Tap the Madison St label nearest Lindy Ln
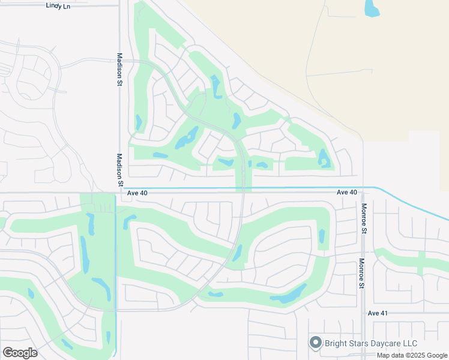point(119,70)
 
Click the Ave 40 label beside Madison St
point(137,193)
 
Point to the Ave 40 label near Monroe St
point(347,192)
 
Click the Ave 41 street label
point(378,313)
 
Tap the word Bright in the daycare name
point(337,343)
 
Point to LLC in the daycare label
point(410,343)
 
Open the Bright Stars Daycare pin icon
point(316,343)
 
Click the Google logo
point(20,353)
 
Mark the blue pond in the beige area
point(372,8)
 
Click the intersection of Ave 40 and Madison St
point(119,193)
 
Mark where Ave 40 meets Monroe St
point(363,193)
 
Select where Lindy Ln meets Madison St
point(119,5)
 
